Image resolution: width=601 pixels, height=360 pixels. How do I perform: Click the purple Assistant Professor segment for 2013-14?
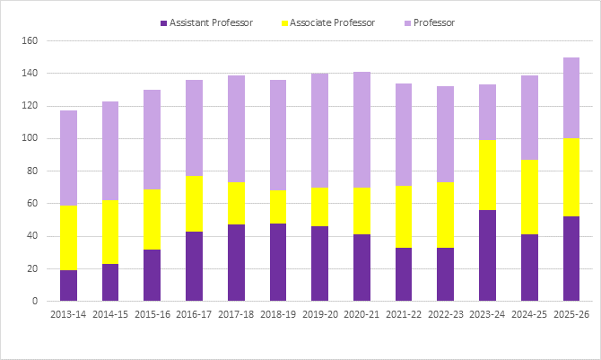tap(68, 285)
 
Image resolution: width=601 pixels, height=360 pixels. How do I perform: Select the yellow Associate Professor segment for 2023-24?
tap(487, 175)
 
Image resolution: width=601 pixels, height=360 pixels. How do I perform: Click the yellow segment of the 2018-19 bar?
tap(278, 206)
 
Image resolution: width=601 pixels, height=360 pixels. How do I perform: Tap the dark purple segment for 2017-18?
tap(236, 262)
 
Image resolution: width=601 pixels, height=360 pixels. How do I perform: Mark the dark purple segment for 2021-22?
tap(404, 274)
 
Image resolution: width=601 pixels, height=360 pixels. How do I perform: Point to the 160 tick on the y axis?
tap(29, 41)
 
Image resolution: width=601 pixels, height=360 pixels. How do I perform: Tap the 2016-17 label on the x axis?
tap(194, 316)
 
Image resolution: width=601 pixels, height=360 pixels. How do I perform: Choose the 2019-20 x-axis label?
tap(319, 316)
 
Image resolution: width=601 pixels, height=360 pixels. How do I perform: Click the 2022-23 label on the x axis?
tap(446, 316)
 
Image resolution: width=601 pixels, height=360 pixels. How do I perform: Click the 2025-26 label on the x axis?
tap(571, 316)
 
